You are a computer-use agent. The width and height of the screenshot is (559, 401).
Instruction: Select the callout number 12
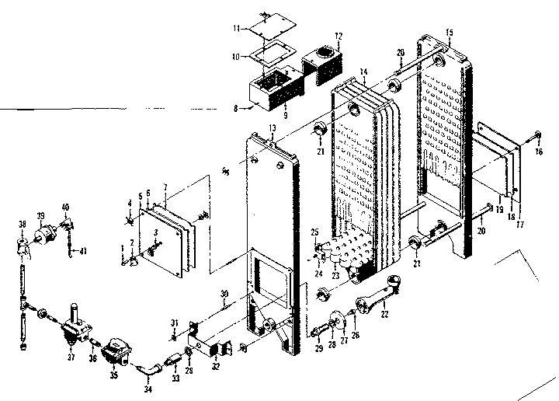click(x=339, y=36)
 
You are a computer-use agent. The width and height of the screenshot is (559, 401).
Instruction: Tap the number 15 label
click(x=450, y=31)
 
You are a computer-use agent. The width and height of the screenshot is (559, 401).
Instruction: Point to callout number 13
click(x=272, y=127)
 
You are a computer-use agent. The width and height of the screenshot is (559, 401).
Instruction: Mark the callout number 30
click(x=224, y=294)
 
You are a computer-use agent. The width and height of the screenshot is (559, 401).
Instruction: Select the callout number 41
click(x=84, y=251)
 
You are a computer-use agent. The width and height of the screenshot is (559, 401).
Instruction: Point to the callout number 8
click(x=234, y=108)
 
